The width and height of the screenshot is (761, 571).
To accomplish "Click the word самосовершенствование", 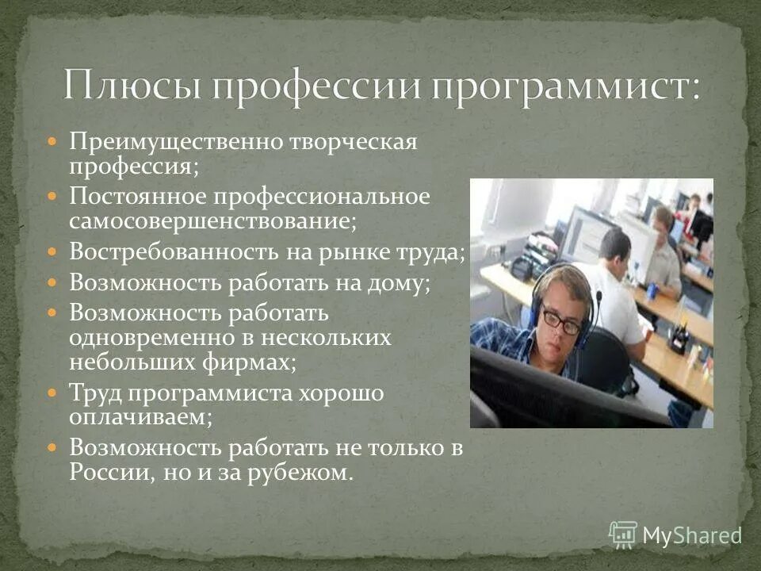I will pos(212,221).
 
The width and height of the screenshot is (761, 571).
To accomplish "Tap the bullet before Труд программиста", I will pos(52,392).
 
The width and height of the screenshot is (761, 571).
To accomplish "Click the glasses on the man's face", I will pos(561,320).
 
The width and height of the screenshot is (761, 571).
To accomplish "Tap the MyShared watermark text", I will pos(690,535).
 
